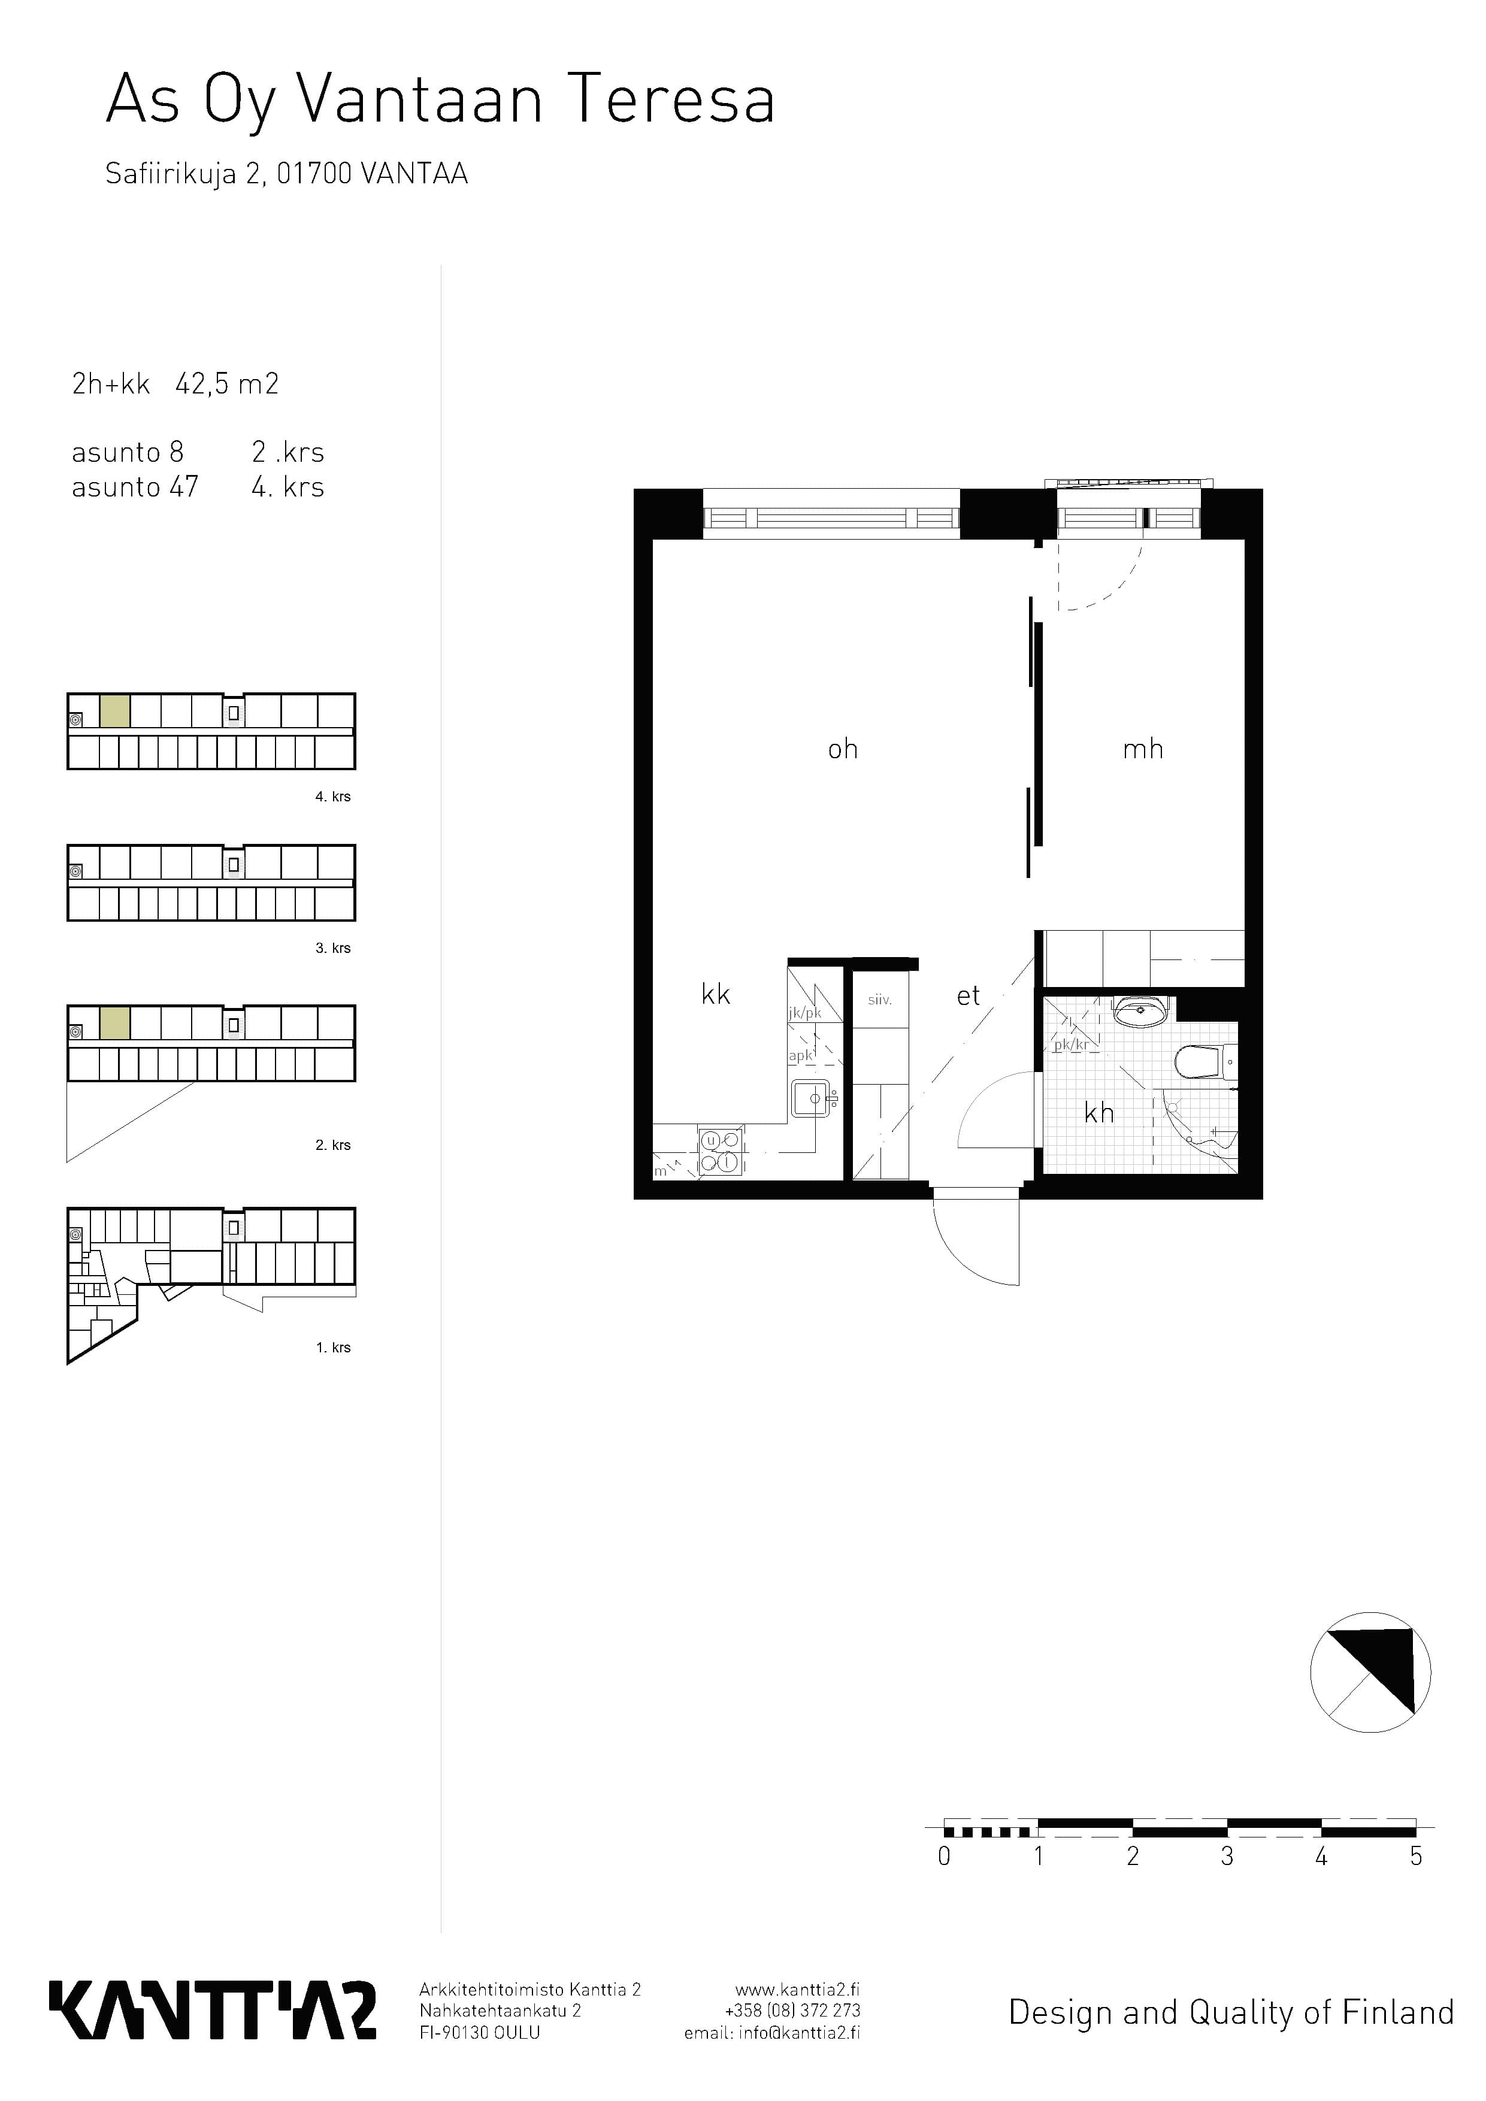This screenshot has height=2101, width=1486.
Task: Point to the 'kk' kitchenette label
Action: click(x=716, y=995)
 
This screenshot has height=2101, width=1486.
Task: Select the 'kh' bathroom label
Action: click(x=1099, y=1113)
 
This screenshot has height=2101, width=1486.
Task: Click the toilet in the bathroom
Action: click(x=1205, y=1062)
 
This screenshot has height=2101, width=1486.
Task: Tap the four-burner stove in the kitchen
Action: click(x=721, y=1151)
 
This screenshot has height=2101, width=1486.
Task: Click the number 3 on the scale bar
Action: click(x=1227, y=1857)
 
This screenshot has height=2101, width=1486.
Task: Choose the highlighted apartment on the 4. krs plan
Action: click(x=114, y=711)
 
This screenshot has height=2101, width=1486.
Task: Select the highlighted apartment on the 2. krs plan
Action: click(x=114, y=1023)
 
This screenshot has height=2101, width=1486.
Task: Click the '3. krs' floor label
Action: click(x=333, y=948)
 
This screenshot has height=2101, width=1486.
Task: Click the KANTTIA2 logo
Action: click(x=212, y=2011)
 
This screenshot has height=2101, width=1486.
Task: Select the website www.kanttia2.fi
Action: click(x=797, y=1990)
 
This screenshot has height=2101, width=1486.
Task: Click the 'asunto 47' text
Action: click(x=135, y=487)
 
